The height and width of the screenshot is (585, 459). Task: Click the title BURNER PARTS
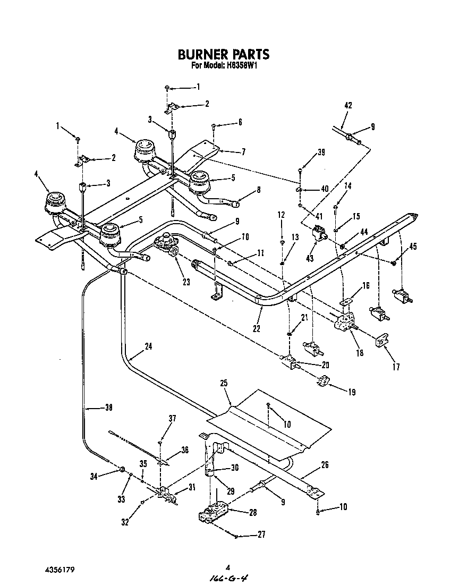[x=223, y=54]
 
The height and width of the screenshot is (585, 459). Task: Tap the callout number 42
[x=348, y=105]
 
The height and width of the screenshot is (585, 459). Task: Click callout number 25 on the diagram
[x=223, y=383]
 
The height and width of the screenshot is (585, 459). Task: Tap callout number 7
[x=243, y=152]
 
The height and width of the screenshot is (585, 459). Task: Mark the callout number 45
[x=413, y=245]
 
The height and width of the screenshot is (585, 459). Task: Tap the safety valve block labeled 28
[x=215, y=513]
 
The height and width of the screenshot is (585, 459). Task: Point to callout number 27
[x=261, y=535]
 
